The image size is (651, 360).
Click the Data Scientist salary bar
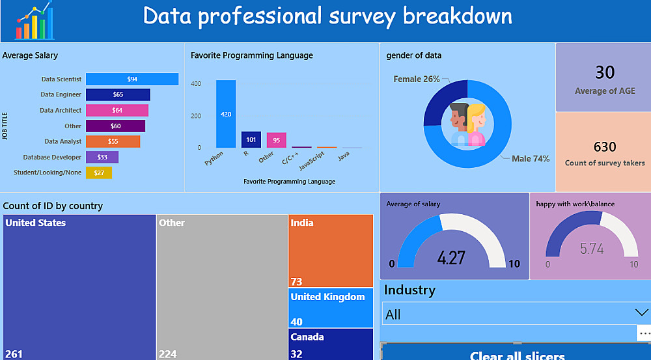pos(132,79)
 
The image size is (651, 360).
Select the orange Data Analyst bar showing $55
pos(113,141)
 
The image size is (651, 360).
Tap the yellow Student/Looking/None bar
pos(98,173)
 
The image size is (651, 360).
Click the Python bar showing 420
pos(226,114)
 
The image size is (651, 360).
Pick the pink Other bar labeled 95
pos(276,140)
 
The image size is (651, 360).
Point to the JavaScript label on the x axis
pos(312,161)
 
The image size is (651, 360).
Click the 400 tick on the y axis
pos(195,84)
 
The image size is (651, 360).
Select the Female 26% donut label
pos(416,79)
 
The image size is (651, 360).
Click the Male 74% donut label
pos(531,159)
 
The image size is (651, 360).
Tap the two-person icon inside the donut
pos(467,122)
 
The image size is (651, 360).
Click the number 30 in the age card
pos(605,72)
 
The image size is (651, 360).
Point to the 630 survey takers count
pos(605,146)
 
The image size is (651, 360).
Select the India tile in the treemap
pos(331,251)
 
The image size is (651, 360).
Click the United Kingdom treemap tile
pos(331,308)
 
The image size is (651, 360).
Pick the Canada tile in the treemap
pos(331,344)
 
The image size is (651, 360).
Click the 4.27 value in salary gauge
pos(451,257)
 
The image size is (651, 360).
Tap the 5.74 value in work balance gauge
pos(592,249)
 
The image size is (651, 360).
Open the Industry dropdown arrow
pos(641,313)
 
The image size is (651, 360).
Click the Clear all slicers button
pos(517,354)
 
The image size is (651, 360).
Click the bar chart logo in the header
pos(35,21)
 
